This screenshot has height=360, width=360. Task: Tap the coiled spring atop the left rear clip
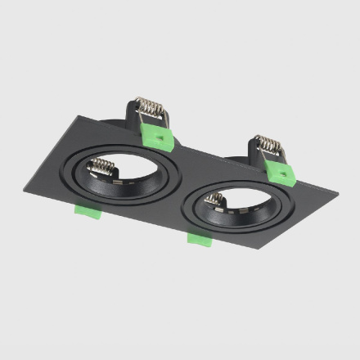150,108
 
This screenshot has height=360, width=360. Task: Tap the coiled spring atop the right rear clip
266,145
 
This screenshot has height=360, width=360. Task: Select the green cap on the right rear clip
280,172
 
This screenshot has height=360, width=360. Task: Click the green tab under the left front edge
86,211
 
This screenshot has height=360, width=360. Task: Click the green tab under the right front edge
199,238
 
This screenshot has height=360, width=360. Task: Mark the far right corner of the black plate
338,197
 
